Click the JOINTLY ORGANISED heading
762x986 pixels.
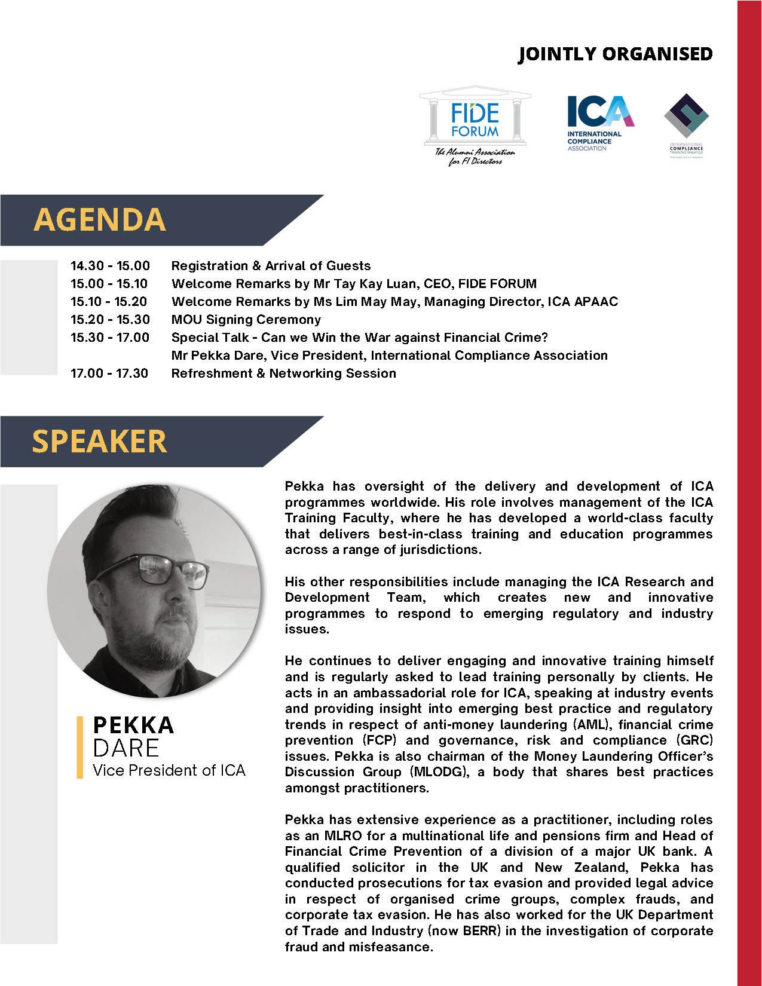coord(615,54)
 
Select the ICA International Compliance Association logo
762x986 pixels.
coord(599,123)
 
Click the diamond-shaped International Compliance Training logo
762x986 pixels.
coord(686,116)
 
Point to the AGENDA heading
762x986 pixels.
coord(99,219)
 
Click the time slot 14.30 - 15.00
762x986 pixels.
coord(110,266)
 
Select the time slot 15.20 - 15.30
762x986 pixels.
coord(110,320)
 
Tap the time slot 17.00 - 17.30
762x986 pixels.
coord(109,373)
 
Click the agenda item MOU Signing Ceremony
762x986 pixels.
coord(246,320)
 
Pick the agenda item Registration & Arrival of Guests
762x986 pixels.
coord(271,266)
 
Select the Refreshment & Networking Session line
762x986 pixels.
coord(283,373)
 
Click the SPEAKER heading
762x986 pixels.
coord(99,442)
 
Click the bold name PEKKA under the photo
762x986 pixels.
coord(133,725)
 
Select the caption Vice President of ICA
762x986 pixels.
coord(169,770)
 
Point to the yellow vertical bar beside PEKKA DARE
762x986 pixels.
coord(80,747)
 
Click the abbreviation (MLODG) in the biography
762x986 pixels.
coord(439,772)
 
